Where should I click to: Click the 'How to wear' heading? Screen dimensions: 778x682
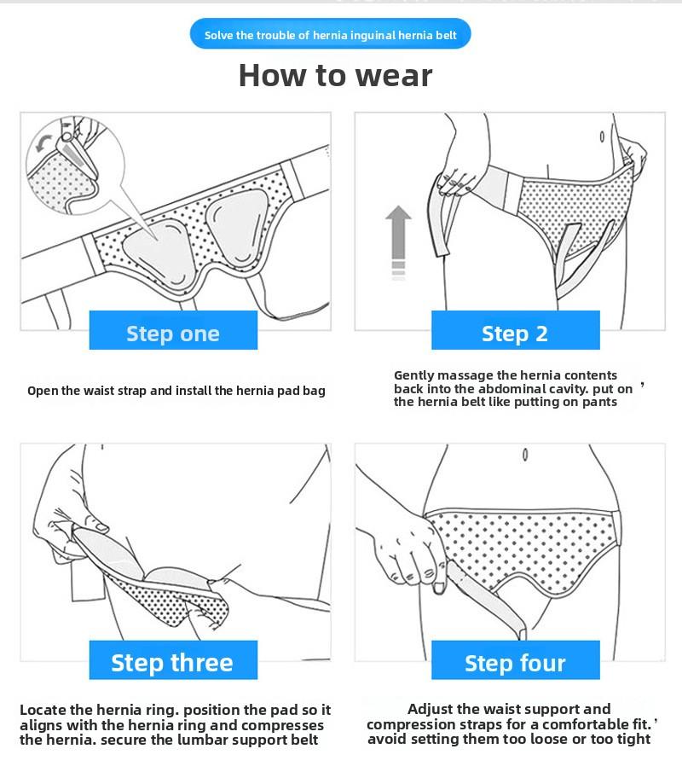[x=335, y=75]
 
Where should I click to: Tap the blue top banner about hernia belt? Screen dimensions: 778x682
[x=331, y=35]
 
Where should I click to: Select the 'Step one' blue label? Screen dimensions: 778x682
[x=173, y=332]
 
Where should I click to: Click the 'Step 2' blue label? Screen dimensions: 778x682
[x=515, y=332]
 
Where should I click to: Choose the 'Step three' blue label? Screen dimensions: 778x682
[x=173, y=662]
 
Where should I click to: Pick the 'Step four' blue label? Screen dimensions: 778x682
[x=515, y=662]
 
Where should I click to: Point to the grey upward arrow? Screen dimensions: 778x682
[x=398, y=240]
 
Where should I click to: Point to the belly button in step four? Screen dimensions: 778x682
[x=524, y=454]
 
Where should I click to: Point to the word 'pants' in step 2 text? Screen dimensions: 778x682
[x=598, y=402]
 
